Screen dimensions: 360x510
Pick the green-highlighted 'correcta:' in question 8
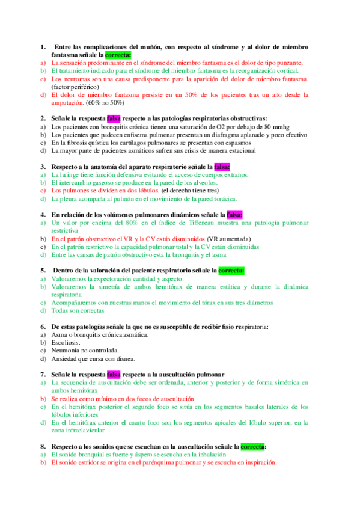pyautogui.click(x=254, y=447)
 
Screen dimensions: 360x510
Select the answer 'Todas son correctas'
pyautogui.click(x=78, y=311)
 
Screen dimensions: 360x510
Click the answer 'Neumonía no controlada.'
pyautogui.click(x=85, y=350)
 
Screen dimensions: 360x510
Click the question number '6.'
pyautogui.click(x=43, y=327)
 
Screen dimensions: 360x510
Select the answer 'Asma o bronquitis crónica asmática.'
pyautogui.click(x=100, y=334)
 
